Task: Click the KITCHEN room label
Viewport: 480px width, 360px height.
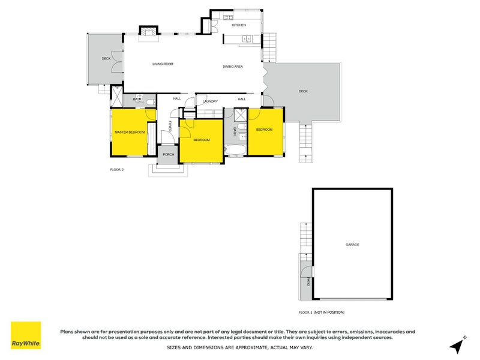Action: (x=239, y=25)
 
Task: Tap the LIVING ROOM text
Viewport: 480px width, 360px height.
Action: (x=163, y=64)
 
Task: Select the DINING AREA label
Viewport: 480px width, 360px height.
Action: (x=233, y=67)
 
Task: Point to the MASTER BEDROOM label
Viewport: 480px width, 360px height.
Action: (x=130, y=132)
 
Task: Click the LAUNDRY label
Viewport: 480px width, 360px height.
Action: (x=210, y=101)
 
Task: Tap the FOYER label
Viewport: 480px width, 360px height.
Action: (x=170, y=127)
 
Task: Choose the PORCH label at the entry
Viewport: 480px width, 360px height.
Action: (x=169, y=154)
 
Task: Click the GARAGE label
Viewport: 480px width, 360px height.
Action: (x=352, y=245)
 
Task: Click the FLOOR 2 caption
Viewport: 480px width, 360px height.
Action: (x=116, y=170)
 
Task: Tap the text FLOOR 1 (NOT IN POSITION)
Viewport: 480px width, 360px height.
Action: (x=322, y=313)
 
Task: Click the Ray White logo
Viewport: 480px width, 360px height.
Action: (x=26, y=335)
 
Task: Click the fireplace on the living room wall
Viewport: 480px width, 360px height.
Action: (x=148, y=35)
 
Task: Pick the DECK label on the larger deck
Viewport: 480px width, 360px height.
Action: (x=303, y=91)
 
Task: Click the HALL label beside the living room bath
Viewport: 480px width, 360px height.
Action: (x=176, y=98)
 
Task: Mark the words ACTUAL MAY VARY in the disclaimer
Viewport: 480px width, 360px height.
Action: (x=290, y=347)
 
